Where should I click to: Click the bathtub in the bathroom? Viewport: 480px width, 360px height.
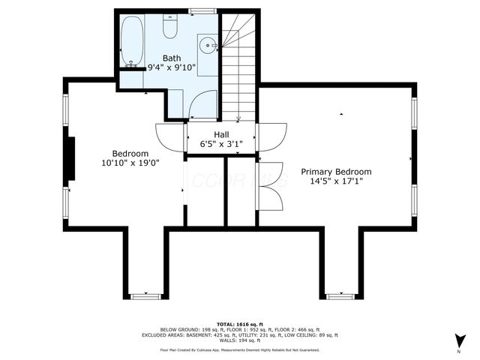(x=133, y=40)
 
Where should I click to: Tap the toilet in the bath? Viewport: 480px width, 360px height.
(x=170, y=28)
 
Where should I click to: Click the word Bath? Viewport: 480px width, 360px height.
(x=172, y=57)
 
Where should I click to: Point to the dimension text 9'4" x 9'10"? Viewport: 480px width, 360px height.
(x=172, y=67)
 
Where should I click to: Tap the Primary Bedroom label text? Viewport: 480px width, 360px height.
(x=336, y=172)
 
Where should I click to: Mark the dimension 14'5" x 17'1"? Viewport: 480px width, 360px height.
(x=336, y=182)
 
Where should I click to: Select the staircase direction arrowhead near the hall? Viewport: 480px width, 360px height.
(x=238, y=118)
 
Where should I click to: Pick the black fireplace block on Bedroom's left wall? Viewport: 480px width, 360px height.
(x=70, y=159)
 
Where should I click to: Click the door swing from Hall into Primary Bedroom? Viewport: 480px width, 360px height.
(x=271, y=136)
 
